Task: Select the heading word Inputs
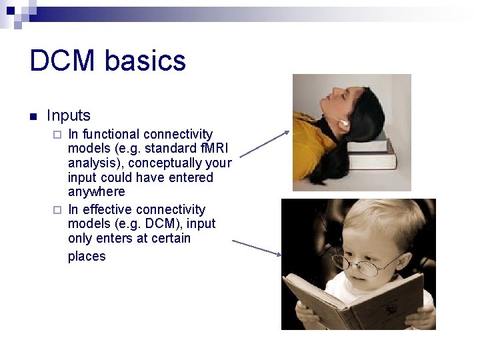click(x=69, y=115)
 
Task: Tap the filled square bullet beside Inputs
click(x=33, y=117)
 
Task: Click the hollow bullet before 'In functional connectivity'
click(x=57, y=135)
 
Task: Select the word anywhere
click(x=96, y=192)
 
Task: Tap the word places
click(x=87, y=257)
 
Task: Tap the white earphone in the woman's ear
click(x=345, y=123)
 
